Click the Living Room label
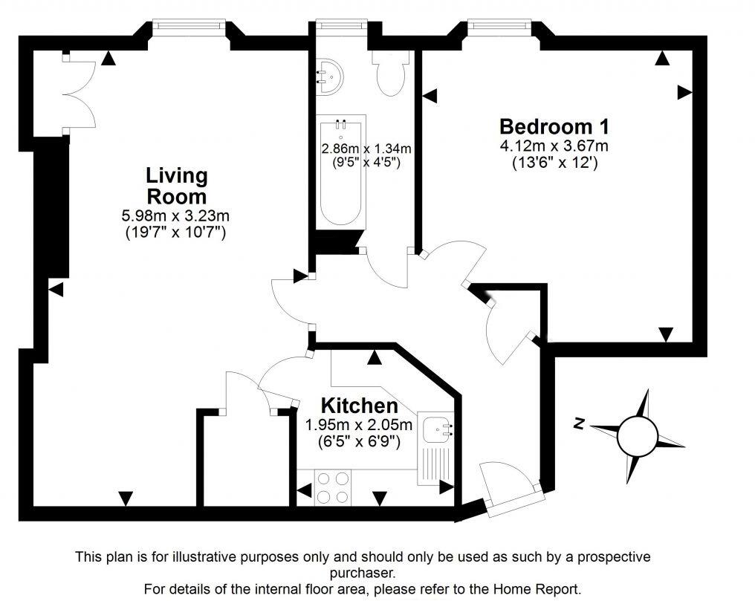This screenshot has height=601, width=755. pos(176,186)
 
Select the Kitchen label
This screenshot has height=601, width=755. pos(359,406)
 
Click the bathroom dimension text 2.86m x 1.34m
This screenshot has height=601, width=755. pos(366,149)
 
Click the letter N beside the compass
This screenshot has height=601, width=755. pos(579,424)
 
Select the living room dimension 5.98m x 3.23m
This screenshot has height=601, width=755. pos(176,217)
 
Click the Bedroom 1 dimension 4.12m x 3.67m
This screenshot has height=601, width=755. pos(554,146)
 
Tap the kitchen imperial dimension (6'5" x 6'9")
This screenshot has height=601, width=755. pos(359,442)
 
